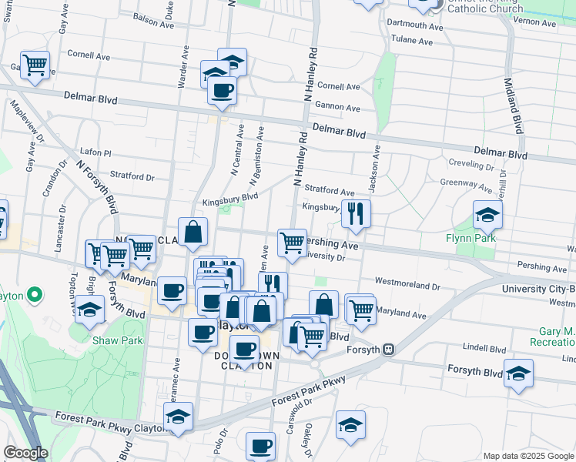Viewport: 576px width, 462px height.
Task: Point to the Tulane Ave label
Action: pos(414,38)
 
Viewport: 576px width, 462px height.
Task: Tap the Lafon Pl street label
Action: pos(96,154)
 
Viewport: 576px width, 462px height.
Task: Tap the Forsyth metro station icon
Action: pos(389,350)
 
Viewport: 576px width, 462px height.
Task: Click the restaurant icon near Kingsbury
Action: pos(355,213)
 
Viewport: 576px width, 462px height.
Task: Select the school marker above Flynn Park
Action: pos(487,214)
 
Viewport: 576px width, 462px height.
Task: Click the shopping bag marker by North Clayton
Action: pos(193,230)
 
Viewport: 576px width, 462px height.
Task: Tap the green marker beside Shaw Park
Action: pos(34,295)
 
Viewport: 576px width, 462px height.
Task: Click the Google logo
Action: pos(25,453)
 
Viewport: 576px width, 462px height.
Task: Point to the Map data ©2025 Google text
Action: pos(527,455)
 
